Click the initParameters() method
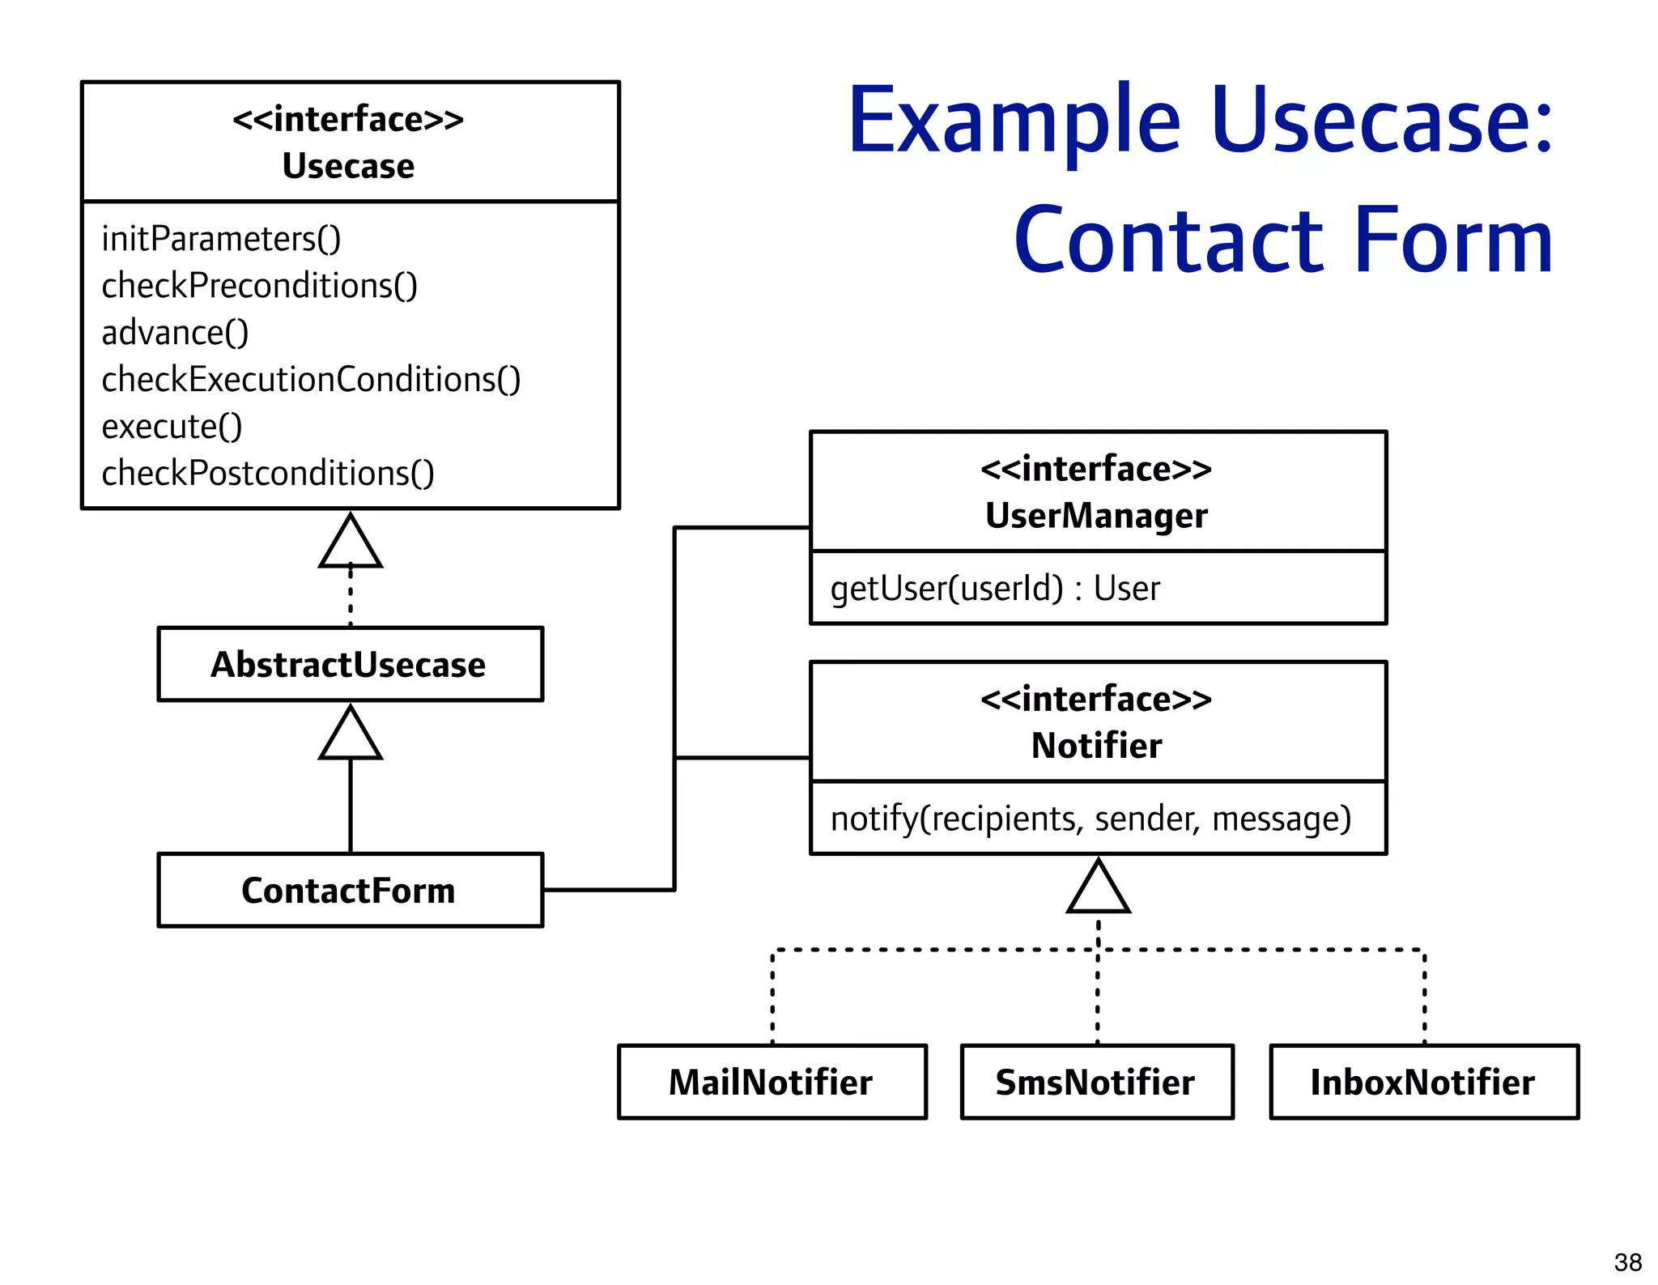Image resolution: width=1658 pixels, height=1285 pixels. coord(221,239)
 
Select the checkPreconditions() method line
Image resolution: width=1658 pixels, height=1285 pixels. coord(259,286)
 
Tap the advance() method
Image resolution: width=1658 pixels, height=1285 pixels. coord(175,333)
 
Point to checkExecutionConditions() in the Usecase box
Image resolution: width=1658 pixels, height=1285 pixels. coord(311,380)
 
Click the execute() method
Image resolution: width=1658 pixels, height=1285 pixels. coord(172,427)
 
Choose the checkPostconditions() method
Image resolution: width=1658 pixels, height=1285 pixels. coord(268,474)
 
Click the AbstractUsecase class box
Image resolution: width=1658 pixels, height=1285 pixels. coord(350,664)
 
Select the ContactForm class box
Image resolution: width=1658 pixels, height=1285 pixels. coord(350,890)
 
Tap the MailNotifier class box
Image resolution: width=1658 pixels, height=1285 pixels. coord(772,1082)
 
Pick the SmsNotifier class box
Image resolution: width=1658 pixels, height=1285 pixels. coord(1096,1082)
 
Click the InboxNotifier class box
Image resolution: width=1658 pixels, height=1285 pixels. coord(1423,1082)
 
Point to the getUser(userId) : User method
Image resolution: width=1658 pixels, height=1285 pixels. coord(994,589)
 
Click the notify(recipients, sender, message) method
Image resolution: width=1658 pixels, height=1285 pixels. coord(1090,819)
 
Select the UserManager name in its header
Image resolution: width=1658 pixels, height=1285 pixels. coord(1096,516)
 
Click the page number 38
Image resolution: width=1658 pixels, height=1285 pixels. coord(1627,1262)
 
